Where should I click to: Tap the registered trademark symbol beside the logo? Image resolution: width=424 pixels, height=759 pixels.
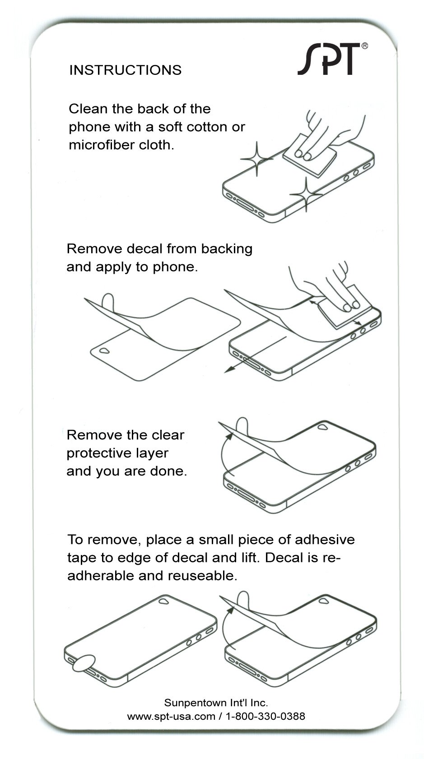tap(364, 46)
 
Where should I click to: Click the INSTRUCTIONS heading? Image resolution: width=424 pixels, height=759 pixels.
tap(126, 70)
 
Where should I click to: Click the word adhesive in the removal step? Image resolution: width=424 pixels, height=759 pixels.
tap(325, 539)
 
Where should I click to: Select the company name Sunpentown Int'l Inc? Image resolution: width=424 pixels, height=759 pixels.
tap(216, 703)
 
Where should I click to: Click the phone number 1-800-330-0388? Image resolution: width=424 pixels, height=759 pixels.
tap(265, 716)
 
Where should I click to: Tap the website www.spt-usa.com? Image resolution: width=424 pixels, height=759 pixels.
tap(171, 717)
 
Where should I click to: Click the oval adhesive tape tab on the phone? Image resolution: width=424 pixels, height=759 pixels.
tap(84, 663)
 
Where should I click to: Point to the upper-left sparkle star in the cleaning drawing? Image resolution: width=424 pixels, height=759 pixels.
tap(257, 159)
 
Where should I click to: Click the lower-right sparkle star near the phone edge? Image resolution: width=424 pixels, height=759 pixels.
tap(306, 194)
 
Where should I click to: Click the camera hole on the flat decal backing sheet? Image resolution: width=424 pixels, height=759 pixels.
tap(104, 350)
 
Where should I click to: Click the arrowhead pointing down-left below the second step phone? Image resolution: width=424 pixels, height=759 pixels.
tap(228, 370)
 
